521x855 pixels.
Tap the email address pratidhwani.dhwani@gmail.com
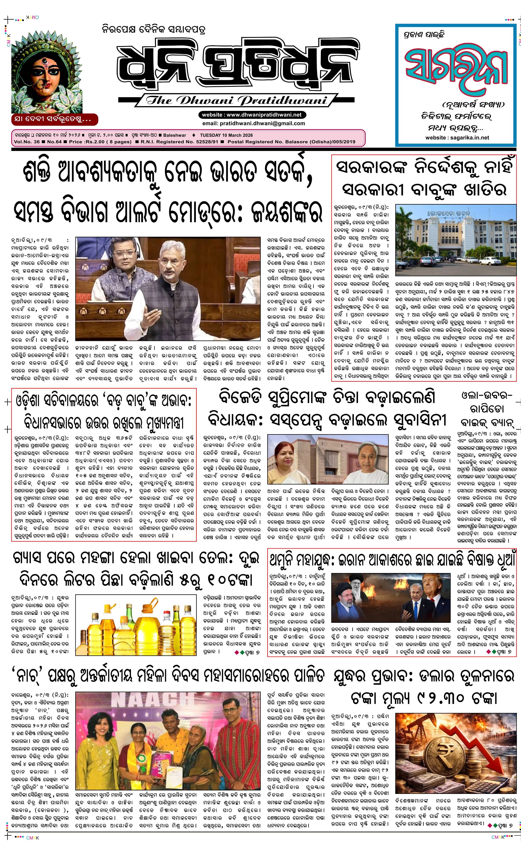[x=254, y=123]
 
